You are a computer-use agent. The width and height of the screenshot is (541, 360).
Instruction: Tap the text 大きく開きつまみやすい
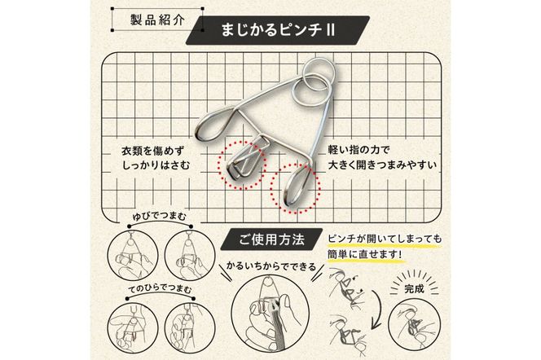pyautogui.click(x=382, y=168)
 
